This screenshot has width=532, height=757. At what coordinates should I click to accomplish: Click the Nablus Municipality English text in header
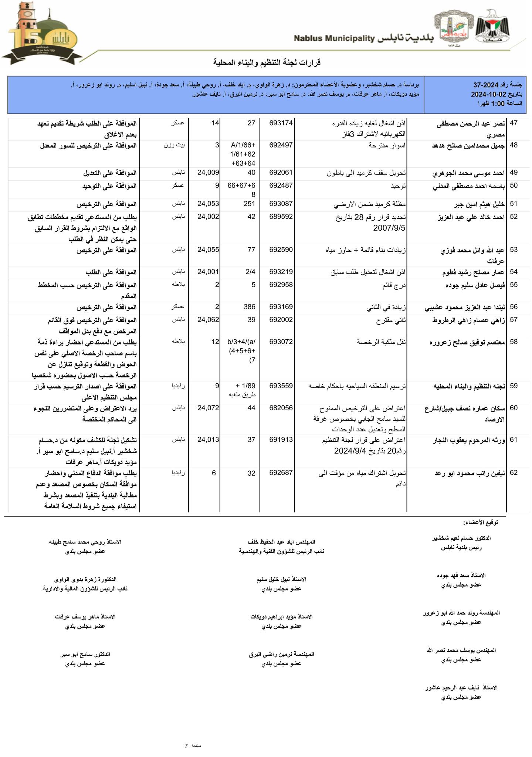pos(335,38)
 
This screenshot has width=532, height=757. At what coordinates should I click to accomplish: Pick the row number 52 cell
pos(514,217)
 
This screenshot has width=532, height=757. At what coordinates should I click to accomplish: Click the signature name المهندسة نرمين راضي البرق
pos(281,654)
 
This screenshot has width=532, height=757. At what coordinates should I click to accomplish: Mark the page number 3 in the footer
pos(186,746)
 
